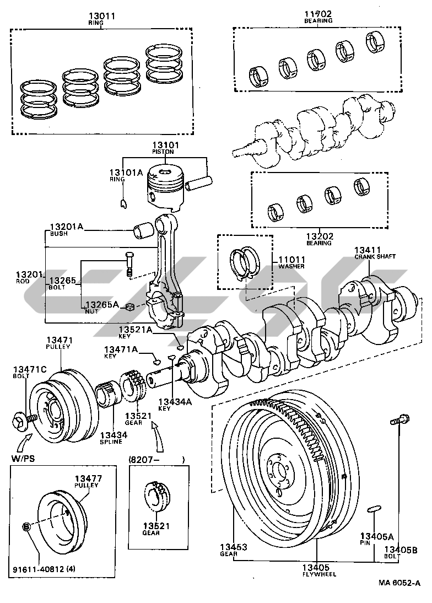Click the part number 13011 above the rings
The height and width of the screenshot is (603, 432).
pos(102,16)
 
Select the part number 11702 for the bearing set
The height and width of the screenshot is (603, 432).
pos(318,14)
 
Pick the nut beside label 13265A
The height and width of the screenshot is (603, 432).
pos(130,307)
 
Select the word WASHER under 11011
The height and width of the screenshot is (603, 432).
pos(291,266)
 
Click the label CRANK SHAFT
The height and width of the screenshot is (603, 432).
pos(375,256)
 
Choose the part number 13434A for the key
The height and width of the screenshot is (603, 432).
pos(175,402)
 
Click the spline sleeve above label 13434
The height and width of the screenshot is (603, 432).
pos(109,393)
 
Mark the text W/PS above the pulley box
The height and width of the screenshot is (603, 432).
pos(23,459)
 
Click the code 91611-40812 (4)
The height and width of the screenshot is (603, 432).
pos(44,569)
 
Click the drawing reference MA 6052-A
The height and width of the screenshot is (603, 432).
pos(399,583)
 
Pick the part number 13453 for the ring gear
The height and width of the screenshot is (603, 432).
pos(233,547)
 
